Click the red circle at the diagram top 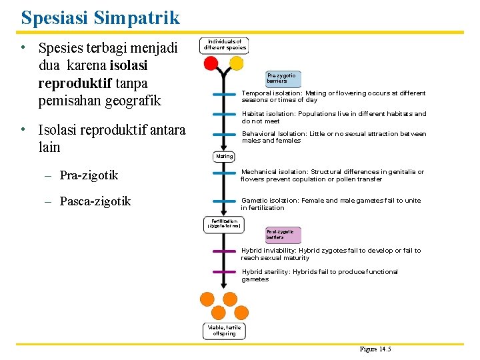[211, 63]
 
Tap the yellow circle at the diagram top [237, 63]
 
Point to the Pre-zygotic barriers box [281, 78]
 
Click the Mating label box [225, 157]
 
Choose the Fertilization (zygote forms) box [224, 225]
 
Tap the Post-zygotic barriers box [284, 234]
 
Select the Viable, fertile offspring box [224, 331]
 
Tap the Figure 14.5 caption [375, 349]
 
